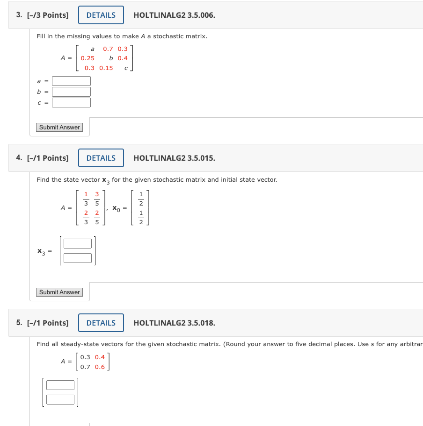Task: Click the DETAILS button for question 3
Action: [101, 15]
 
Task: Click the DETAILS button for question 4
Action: [101, 158]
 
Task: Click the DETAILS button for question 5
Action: [101, 323]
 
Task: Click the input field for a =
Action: [71, 81]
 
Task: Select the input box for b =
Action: [71, 92]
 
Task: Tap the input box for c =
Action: [71, 102]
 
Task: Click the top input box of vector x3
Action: [78, 243]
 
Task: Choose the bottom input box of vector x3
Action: [78, 258]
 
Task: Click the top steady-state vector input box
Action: [60, 385]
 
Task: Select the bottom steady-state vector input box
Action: [60, 399]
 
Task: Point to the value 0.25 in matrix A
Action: [88, 58]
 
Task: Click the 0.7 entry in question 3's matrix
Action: [108, 49]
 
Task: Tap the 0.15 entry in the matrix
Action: [106, 68]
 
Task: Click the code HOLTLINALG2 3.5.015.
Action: [174, 158]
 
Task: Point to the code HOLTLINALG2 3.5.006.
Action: [174, 15]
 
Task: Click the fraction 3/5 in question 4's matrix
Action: [97, 199]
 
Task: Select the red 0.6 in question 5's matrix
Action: [100, 367]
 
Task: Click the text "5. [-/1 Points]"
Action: [42, 323]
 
